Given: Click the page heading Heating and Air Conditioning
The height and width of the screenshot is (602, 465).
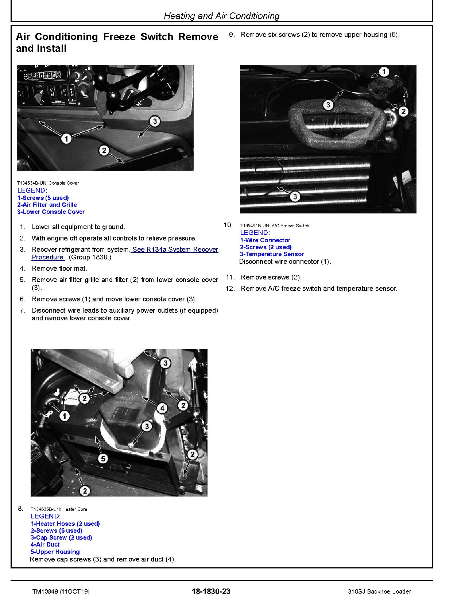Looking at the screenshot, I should (x=221, y=16).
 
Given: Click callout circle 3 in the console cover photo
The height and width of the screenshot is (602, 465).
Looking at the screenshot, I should (x=155, y=121).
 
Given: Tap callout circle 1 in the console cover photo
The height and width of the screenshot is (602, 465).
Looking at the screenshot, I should (x=66, y=139).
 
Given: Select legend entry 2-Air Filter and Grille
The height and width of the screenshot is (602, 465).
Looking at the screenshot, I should (x=47, y=205).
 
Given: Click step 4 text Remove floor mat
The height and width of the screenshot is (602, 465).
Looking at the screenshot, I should (x=59, y=269).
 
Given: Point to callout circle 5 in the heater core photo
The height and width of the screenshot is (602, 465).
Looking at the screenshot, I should (x=103, y=458).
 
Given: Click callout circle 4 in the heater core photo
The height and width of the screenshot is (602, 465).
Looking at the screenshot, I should (x=162, y=408).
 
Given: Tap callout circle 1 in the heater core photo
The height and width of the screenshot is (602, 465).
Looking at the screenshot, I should (x=65, y=416).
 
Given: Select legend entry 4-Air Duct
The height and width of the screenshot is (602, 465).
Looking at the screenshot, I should (x=45, y=544).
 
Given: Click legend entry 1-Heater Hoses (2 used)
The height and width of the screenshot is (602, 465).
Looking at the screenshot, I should (x=65, y=524).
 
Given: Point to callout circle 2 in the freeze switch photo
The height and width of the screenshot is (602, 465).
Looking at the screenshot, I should (x=403, y=111).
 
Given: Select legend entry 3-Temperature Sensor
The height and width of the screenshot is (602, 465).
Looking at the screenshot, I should (x=272, y=254).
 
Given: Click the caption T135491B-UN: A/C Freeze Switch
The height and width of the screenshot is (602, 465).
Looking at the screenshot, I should (x=274, y=226).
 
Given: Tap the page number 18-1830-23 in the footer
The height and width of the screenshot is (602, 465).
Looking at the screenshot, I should (x=210, y=591).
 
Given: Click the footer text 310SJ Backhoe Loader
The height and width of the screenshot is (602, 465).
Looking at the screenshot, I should (x=379, y=591).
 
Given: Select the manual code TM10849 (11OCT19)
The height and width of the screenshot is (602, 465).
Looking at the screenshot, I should (x=60, y=591).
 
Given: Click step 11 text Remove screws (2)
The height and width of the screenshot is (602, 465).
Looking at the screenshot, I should (x=271, y=277).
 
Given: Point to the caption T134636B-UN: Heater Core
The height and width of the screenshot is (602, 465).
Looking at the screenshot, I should (x=58, y=509).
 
